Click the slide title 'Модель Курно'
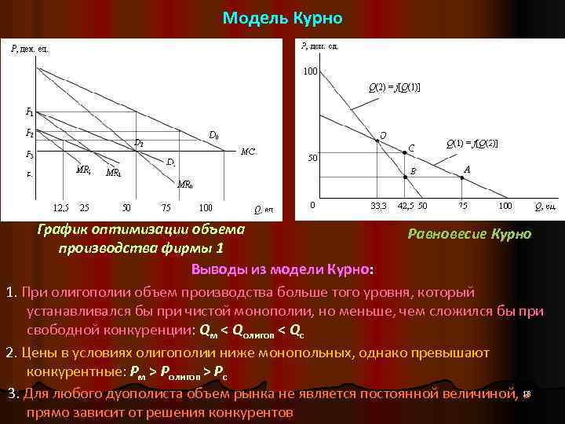(x=282, y=17)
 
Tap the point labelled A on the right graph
(x=462, y=177)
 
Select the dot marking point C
(x=405, y=153)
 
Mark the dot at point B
(x=405, y=177)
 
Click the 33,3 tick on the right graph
(x=378, y=206)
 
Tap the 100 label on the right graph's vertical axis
(x=311, y=72)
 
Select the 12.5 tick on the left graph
(x=60, y=208)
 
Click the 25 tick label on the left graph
(x=84, y=208)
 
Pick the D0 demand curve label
(x=212, y=135)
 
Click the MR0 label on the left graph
(x=185, y=185)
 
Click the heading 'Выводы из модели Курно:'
(x=282, y=270)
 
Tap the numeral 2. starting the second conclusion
(x=11, y=352)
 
